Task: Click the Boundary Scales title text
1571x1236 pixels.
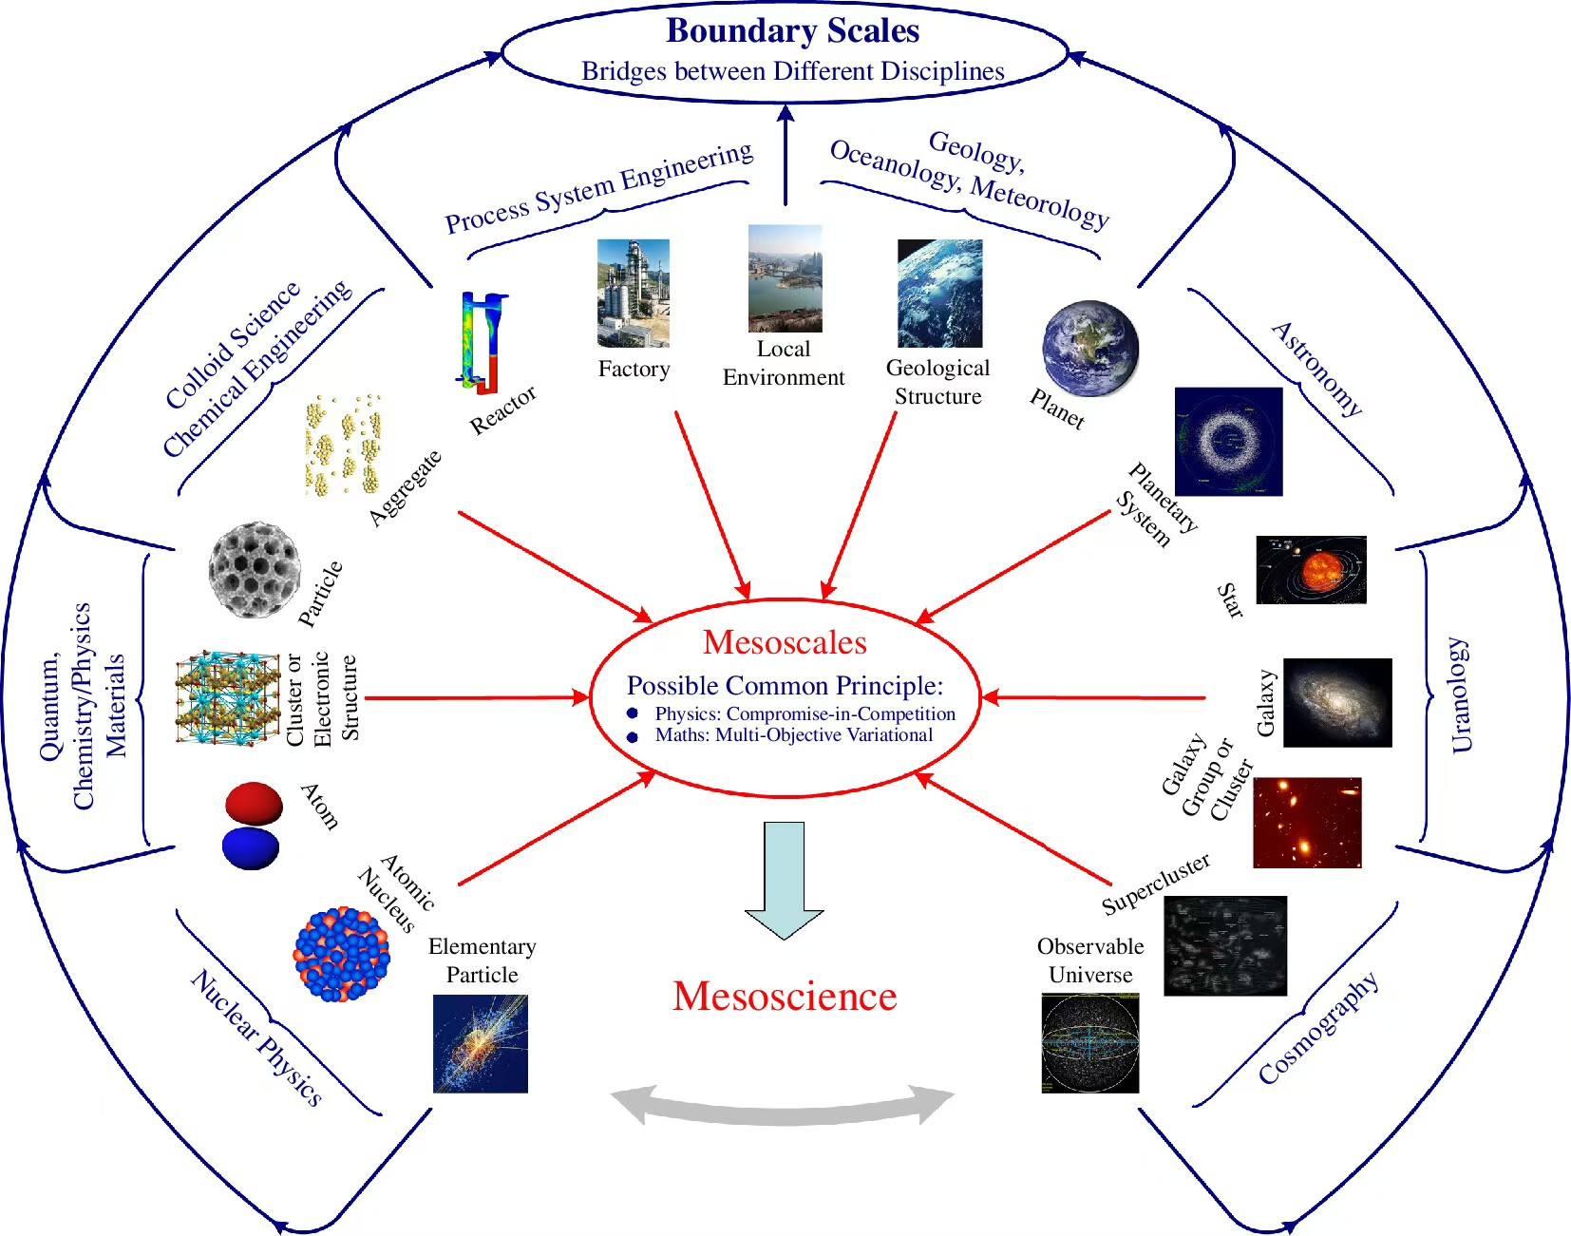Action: pyautogui.click(x=792, y=31)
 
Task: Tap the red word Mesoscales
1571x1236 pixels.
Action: pyautogui.click(x=785, y=643)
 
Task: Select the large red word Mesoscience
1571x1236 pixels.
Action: pyautogui.click(x=785, y=997)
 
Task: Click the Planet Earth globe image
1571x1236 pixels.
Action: pyautogui.click(x=1089, y=349)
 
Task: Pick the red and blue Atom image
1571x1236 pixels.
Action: pyautogui.click(x=253, y=826)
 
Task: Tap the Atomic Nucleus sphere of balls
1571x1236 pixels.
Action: pyautogui.click(x=341, y=954)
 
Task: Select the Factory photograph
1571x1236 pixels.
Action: pyautogui.click(x=633, y=294)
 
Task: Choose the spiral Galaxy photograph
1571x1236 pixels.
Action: pyautogui.click(x=1337, y=702)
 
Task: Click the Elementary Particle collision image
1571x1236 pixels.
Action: pyautogui.click(x=481, y=1043)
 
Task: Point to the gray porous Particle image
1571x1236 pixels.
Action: pyautogui.click(x=255, y=570)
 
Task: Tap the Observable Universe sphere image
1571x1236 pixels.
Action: pyautogui.click(x=1089, y=1043)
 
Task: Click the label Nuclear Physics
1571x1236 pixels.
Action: pyautogui.click(x=256, y=1037)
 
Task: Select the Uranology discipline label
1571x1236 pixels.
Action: pyautogui.click(x=1460, y=694)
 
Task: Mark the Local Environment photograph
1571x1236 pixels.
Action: pyautogui.click(x=785, y=278)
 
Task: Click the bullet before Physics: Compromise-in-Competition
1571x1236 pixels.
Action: pyautogui.click(x=633, y=713)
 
